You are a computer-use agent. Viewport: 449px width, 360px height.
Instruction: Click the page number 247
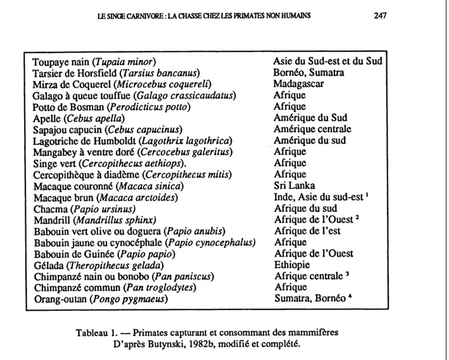(379, 15)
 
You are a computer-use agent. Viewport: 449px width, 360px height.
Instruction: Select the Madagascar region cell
(298, 84)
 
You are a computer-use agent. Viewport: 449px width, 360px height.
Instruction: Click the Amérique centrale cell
(310, 129)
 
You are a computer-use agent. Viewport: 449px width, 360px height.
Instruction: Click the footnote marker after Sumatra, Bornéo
(350, 297)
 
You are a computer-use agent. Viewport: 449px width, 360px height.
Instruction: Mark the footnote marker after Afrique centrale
(349, 274)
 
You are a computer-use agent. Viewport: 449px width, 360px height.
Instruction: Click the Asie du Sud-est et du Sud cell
(327, 61)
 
